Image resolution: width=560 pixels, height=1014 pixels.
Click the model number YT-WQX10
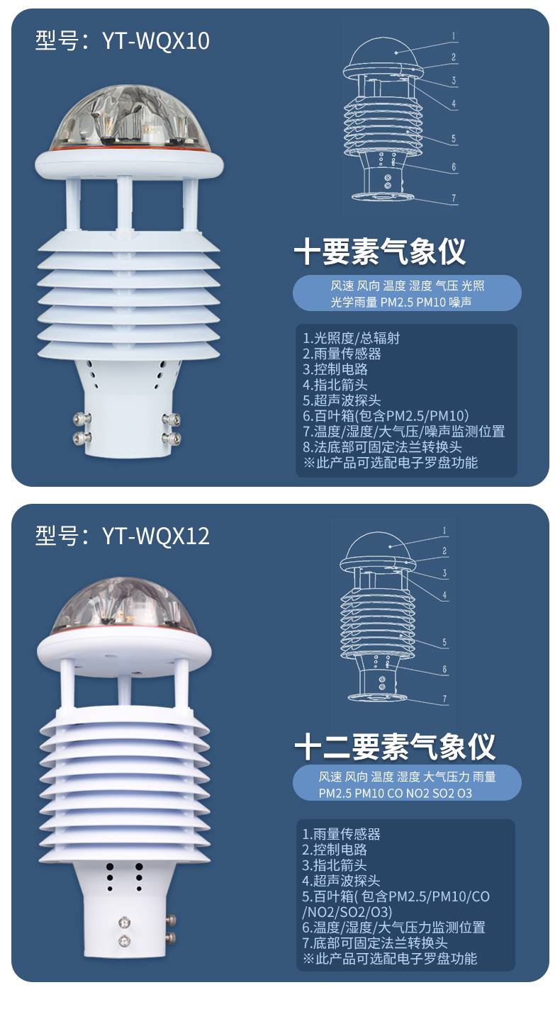click(x=156, y=40)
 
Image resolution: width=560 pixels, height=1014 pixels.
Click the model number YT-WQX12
click(x=156, y=536)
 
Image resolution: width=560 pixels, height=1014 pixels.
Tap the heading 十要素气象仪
click(x=380, y=252)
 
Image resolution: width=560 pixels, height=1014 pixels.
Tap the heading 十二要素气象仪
click(x=395, y=747)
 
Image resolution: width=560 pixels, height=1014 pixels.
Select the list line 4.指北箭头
click(x=335, y=385)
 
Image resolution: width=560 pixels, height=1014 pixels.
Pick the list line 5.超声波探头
click(x=342, y=400)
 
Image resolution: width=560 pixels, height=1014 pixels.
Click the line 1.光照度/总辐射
click(x=351, y=338)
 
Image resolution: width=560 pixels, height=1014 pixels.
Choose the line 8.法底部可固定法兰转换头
click(x=382, y=447)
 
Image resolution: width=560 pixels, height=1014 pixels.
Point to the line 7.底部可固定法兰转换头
click(x=375, y=942)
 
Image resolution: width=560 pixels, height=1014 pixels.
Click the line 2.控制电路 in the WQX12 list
click(x=335, y=849)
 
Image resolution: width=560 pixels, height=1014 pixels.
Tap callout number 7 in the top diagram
click(x=454, y=198)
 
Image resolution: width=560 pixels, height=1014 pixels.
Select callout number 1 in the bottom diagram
click(x=444, y=531)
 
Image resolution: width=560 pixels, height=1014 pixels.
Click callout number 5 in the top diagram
click(x=453, y=138)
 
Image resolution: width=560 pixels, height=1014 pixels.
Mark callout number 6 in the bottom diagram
click(x=444, y=669)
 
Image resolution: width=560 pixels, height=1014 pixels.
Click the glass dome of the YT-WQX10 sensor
click(x=128, y=117)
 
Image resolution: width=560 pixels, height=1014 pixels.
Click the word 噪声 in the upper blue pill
click(x=460, y=302)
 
